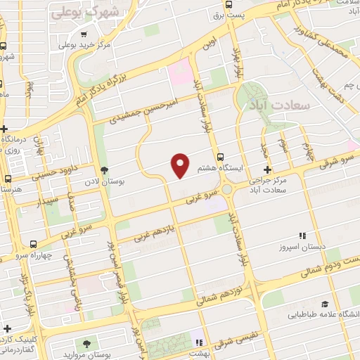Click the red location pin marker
pyautogui.click(x=181, y=165)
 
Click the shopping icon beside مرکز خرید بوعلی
pyautogui.click(x=84, y=34)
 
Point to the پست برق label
pyautogui.click(x=249, y=14)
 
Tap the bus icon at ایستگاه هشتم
pyautogui.click(x=221, y=157)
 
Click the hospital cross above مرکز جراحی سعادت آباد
pyautogui.click(x=267, y=169)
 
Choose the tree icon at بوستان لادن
pyautogui.click(x=104, y=170)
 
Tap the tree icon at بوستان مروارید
pyautogui.click(x=86, y=344)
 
